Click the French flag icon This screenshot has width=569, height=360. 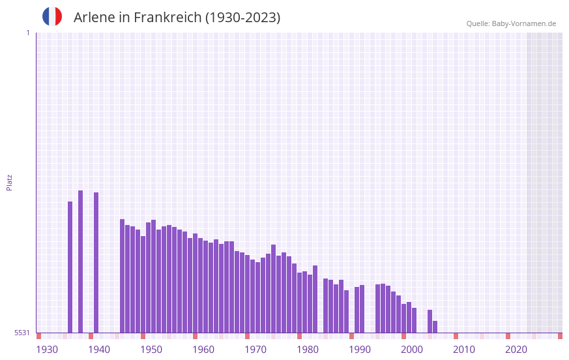(x=52, y=16)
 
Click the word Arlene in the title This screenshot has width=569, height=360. (x=94, y=18)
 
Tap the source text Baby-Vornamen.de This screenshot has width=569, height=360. (x=524, y=23)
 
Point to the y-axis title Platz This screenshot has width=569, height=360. (x=9, y=182)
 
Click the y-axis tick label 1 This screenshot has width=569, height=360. (x=27, y=33)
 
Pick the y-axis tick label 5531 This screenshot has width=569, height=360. (x=22, y=333)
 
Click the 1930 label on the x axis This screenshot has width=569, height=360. (x=47, y=350)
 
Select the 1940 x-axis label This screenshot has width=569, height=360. (x=99, y=350)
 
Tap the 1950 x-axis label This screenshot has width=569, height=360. (x=151, y=350)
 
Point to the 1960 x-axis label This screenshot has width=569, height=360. (x=203, y=350)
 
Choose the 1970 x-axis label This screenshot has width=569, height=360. (x=255, y=350)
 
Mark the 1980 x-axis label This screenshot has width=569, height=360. (x=308, y=350)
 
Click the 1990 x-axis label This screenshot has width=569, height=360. (x=360, y=350)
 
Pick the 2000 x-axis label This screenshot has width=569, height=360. (x=412, y=350)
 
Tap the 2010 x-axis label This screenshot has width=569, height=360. (x=464, y=350)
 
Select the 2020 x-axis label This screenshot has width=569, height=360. (x=516, y=350)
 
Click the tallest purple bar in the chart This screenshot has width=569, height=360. (x=81, y=261)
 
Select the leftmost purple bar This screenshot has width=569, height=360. (x=70, y=267)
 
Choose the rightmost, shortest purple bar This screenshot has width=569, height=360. (x=435, y=327)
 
